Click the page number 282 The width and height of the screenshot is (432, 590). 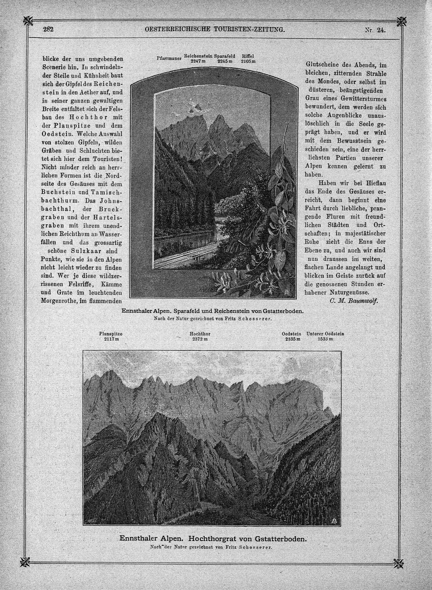click(x=48, y=29)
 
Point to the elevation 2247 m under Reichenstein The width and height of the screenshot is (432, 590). click(x=198, y=61)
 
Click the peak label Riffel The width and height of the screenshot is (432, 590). click(x=248, y=56)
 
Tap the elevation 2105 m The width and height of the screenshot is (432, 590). click(x=248, y=61)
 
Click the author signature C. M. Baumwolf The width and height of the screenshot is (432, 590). click(x=354, y=301)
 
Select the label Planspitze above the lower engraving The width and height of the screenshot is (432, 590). click(x=111, y=334)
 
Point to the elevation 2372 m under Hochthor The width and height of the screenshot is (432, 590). click(x=200, y=339)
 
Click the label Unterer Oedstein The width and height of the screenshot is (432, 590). click(x=325, y=334)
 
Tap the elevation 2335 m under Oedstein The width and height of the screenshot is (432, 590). click(x=292, y=339)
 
